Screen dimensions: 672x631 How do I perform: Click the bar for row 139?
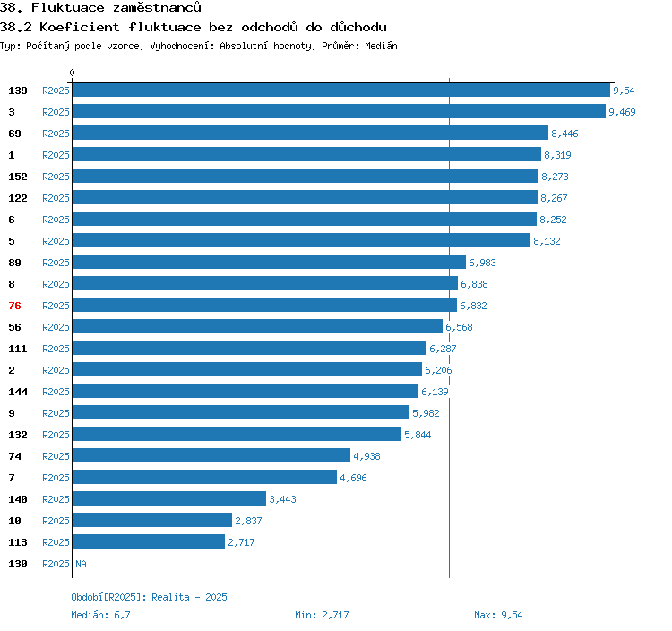341,90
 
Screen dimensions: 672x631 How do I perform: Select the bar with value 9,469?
340,111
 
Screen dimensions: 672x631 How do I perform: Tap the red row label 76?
14,306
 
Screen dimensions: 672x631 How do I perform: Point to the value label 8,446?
564,134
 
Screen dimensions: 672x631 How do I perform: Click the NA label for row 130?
81,564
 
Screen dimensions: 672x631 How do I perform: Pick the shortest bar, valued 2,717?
149,541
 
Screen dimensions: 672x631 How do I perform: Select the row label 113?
18,542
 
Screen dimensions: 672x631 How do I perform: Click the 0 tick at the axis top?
72,73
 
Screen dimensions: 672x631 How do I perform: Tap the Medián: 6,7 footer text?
100,615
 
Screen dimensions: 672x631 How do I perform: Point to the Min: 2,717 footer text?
322,615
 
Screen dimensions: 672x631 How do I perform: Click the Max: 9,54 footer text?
498,615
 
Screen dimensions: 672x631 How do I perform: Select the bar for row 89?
270,262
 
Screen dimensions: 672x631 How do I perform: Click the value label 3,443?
282,499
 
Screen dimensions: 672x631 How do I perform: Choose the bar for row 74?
211,455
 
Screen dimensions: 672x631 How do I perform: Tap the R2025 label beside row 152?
56,177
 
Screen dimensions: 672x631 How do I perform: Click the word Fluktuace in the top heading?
68,7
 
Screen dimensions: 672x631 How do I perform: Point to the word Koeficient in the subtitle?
80,28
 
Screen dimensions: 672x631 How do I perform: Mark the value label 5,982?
426,413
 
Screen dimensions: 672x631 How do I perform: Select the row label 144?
18,392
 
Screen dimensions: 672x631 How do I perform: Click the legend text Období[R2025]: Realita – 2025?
149,597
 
